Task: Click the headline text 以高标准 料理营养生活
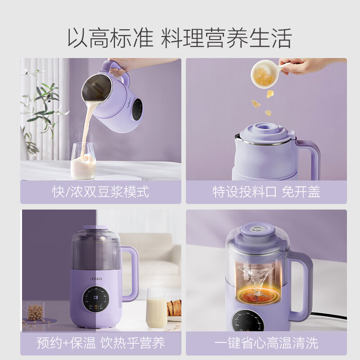click(180, 37)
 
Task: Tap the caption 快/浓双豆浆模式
click(100, 192)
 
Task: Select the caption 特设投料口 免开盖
click(266, 192)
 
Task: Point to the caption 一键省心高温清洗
click(266, 343)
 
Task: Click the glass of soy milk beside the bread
click(155, 308)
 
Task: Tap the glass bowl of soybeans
click(34, 312)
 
